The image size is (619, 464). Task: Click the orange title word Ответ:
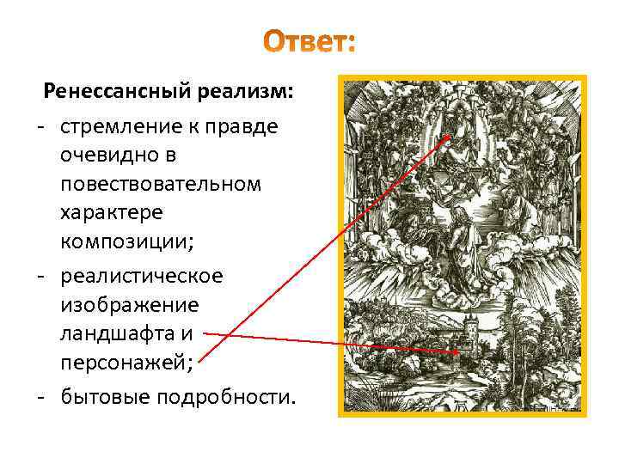pos(309,40)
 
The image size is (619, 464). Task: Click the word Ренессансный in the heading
pos(118,91)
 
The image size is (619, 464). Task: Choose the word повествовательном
pos(161,185)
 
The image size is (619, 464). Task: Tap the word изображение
pos(129,305)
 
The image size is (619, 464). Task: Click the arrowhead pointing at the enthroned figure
pos(448,137)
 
